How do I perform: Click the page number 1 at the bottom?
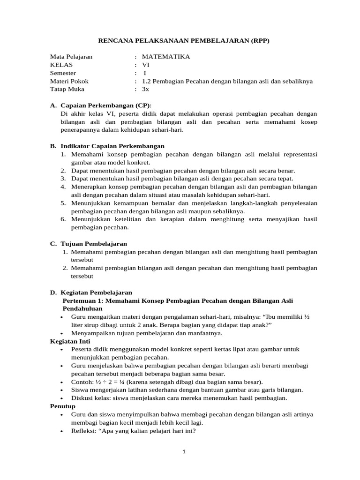[x=184, y=451]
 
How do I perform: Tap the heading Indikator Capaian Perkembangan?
[x=112, y=146]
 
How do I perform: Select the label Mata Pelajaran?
[x=71, y=57]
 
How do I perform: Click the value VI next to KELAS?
[x=146, y=65]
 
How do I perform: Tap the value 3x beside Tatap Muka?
[x=145, y=89]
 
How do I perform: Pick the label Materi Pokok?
[x=69, y=81]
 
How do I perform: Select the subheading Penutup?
[x=62, y=406]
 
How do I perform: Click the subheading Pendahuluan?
[x=82, y=308]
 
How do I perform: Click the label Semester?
[x=63, y=73]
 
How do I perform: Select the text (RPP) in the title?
[x=260, y=41]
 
